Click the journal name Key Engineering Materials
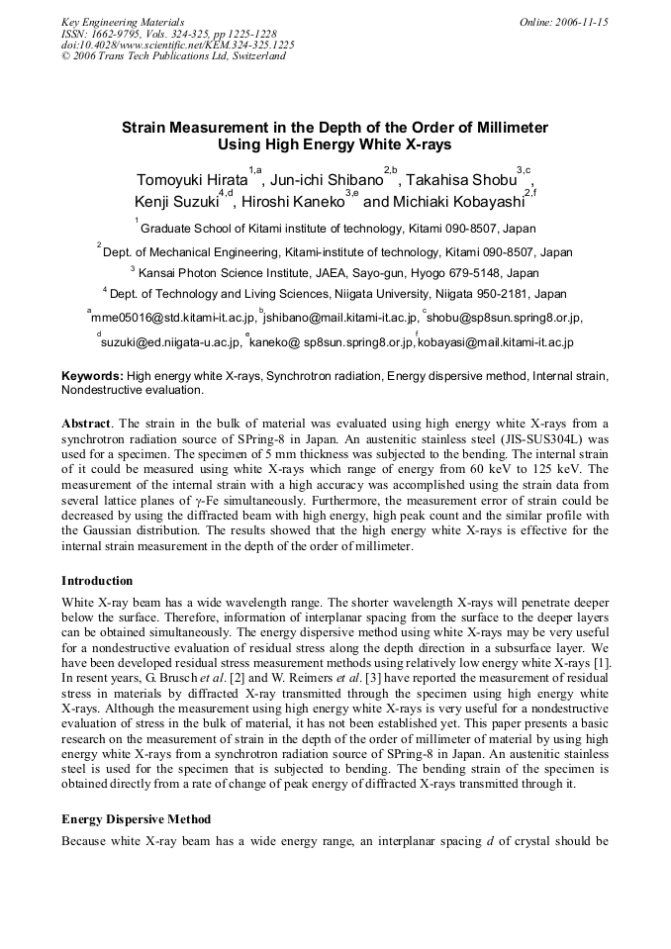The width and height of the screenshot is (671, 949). pyautogui.click(x=122, y=22)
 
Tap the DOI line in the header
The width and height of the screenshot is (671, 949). pyautogui.click(x=177, y=45)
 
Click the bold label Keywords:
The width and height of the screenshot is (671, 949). pyautogui.click(x=92, y=376)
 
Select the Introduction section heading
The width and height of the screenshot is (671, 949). pyautogui.click(x=97, y=580)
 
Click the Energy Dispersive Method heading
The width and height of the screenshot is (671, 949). pyautogui.click(x=136, y=819)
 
